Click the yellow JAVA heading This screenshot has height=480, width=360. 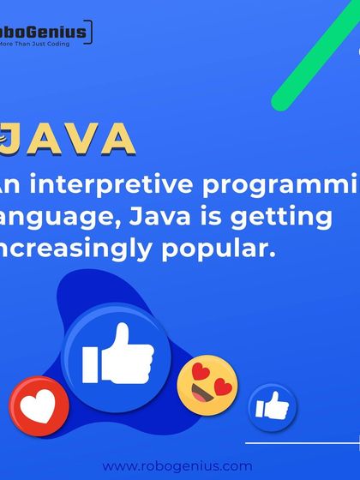[x=69, y=140]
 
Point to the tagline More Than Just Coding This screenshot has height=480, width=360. [x=43, y=45]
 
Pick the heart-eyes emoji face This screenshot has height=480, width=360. [x=207, y=386]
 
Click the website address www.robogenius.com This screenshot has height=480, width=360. [x=177, y=466]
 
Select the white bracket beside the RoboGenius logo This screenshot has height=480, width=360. [x=90, y=33]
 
